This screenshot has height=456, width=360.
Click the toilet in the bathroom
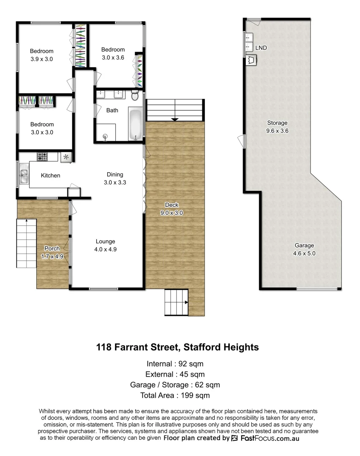pos(135,96)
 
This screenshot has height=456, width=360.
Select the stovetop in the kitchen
pos(43,157)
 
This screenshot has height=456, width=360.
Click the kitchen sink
pos(23,175)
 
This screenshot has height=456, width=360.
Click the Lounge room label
pos(105,242)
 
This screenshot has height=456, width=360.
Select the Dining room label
pos(115,174)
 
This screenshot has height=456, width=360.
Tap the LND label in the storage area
pos(261,48)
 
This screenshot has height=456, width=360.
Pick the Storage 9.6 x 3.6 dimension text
pos(277,131)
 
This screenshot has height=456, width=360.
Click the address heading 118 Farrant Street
pos(177,347)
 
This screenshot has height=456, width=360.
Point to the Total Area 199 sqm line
pos(175,396)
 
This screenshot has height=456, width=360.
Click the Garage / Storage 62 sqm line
pos(175,385)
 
